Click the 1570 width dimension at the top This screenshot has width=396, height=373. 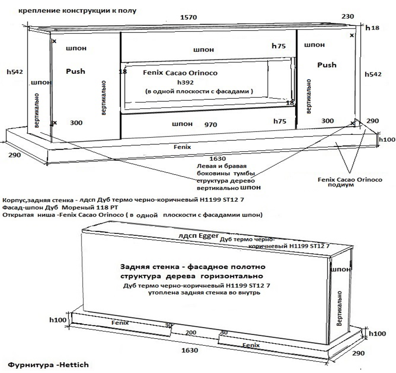point(188,17)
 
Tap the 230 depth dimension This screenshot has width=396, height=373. point(348,16)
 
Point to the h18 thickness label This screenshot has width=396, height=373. point(372,28)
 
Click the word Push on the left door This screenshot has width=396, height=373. point(76,71)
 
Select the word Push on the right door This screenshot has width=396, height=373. point(327,65)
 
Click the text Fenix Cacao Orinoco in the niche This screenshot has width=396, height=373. point(180,73)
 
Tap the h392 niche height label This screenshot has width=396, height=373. point(186,82)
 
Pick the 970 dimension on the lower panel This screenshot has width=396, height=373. point(210,125)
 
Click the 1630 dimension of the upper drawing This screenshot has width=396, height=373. point(217,159)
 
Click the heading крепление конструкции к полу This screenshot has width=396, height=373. point(77,11)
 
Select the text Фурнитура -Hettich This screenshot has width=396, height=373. point(48,365)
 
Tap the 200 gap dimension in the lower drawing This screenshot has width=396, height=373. point(191,333)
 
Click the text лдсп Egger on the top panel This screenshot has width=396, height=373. point(199,236)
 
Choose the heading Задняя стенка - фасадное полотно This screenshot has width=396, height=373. point(193,267)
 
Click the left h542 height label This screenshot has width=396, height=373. point(15,72)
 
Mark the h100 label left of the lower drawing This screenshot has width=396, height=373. point(58,320)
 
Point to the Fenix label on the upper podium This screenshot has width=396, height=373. point(182,147)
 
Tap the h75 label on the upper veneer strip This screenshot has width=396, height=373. point(279,46)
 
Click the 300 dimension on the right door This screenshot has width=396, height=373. point(327,121)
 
